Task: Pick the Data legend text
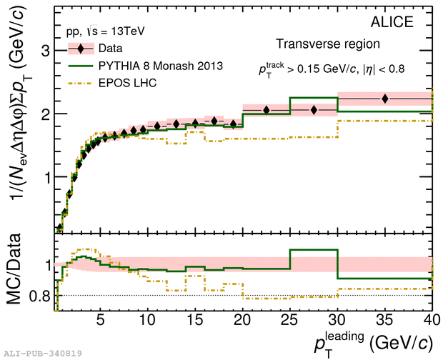[110, 49]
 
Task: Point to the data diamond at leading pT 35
[385, 99]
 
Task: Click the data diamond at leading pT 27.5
[314, 110]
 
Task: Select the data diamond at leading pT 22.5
[267, 110]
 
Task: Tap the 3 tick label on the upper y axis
[44, 51]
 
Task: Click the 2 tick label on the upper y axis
[44, 114]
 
